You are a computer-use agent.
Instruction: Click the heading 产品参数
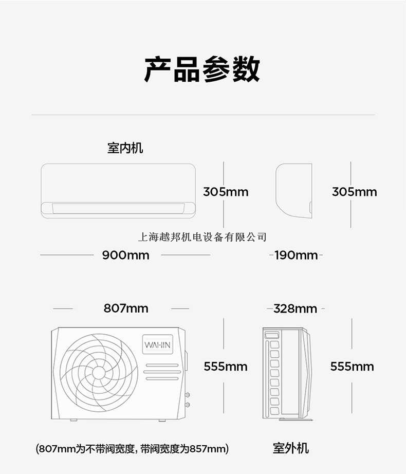[x=202, y=70]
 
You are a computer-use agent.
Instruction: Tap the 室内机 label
[x=125, y=148]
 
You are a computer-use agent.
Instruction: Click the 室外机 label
[x=290, y=448]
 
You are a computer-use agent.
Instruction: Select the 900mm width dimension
[x=125, y=255]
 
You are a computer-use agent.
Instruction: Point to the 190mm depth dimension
[x=296, y=255]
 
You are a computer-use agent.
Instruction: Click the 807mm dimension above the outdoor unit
[x=126, y=308]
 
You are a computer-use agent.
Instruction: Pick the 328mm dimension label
[x=296, y=308]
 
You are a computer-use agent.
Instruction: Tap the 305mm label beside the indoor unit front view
[x=226, y=192]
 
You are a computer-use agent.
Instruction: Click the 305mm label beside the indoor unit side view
[x=354, y=192]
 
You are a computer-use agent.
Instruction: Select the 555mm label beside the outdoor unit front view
[x=226, y=367]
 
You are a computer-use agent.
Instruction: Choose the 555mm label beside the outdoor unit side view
[x=352, y=367]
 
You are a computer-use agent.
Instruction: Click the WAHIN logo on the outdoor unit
[x=158, y=345]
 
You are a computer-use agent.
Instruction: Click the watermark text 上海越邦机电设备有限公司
[x=202, y=237]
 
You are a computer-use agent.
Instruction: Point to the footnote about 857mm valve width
[x=133, y=449]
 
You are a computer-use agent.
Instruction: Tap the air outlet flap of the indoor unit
[x=118, y=208]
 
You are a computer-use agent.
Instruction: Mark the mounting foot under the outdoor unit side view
[x=296, y=420]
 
